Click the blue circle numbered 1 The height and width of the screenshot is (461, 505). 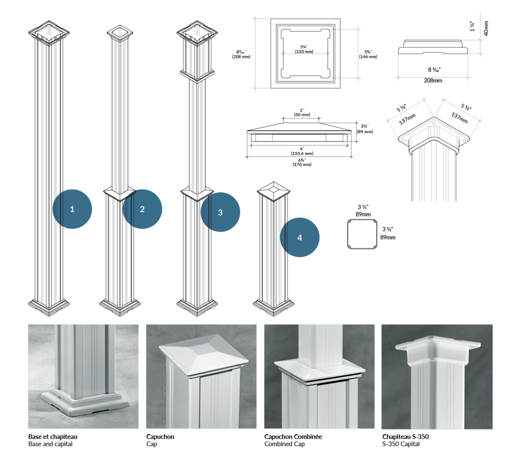tap(72, 209)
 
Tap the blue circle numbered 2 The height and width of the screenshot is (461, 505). tap(142, 209)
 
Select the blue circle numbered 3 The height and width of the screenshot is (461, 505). tap(220, 212)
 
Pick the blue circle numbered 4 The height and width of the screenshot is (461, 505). tap(299, 238)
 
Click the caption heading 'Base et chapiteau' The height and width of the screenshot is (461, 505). tap(53, 436)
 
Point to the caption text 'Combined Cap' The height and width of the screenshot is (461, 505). tap(284, 444)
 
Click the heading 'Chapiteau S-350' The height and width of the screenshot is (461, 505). tap(405, 436)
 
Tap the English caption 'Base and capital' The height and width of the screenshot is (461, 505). tap(50, 444)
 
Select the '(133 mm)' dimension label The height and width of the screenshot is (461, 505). tap(304, 52)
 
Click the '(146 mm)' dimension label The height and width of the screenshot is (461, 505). tap(368, 57)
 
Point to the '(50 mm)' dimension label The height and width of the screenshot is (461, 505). tap(302, 115)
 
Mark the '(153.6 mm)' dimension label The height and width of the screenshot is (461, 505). tap(302, 154)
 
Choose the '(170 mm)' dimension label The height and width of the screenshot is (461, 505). tap(302, 165)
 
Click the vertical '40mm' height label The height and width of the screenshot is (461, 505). tap(486, 28)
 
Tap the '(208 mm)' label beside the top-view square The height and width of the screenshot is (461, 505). tap(241, 57)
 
